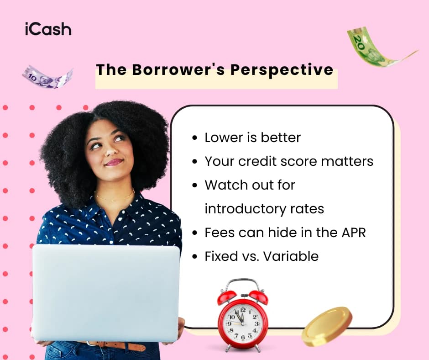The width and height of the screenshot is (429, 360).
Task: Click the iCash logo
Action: tap(48, 29)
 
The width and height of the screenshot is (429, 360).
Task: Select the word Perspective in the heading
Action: tap(282, 70)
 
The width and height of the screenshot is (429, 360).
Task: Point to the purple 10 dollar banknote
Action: tap(47, 76)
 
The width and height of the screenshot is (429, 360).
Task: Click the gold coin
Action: tap(327, 326)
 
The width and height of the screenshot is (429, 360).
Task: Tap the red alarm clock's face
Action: tap(242, 323)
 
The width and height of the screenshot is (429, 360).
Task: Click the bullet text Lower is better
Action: tap(252, 138)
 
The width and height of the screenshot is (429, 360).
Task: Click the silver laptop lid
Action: tap(106, 292)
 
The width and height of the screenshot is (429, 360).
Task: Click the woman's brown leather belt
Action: tap(119, 346)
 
